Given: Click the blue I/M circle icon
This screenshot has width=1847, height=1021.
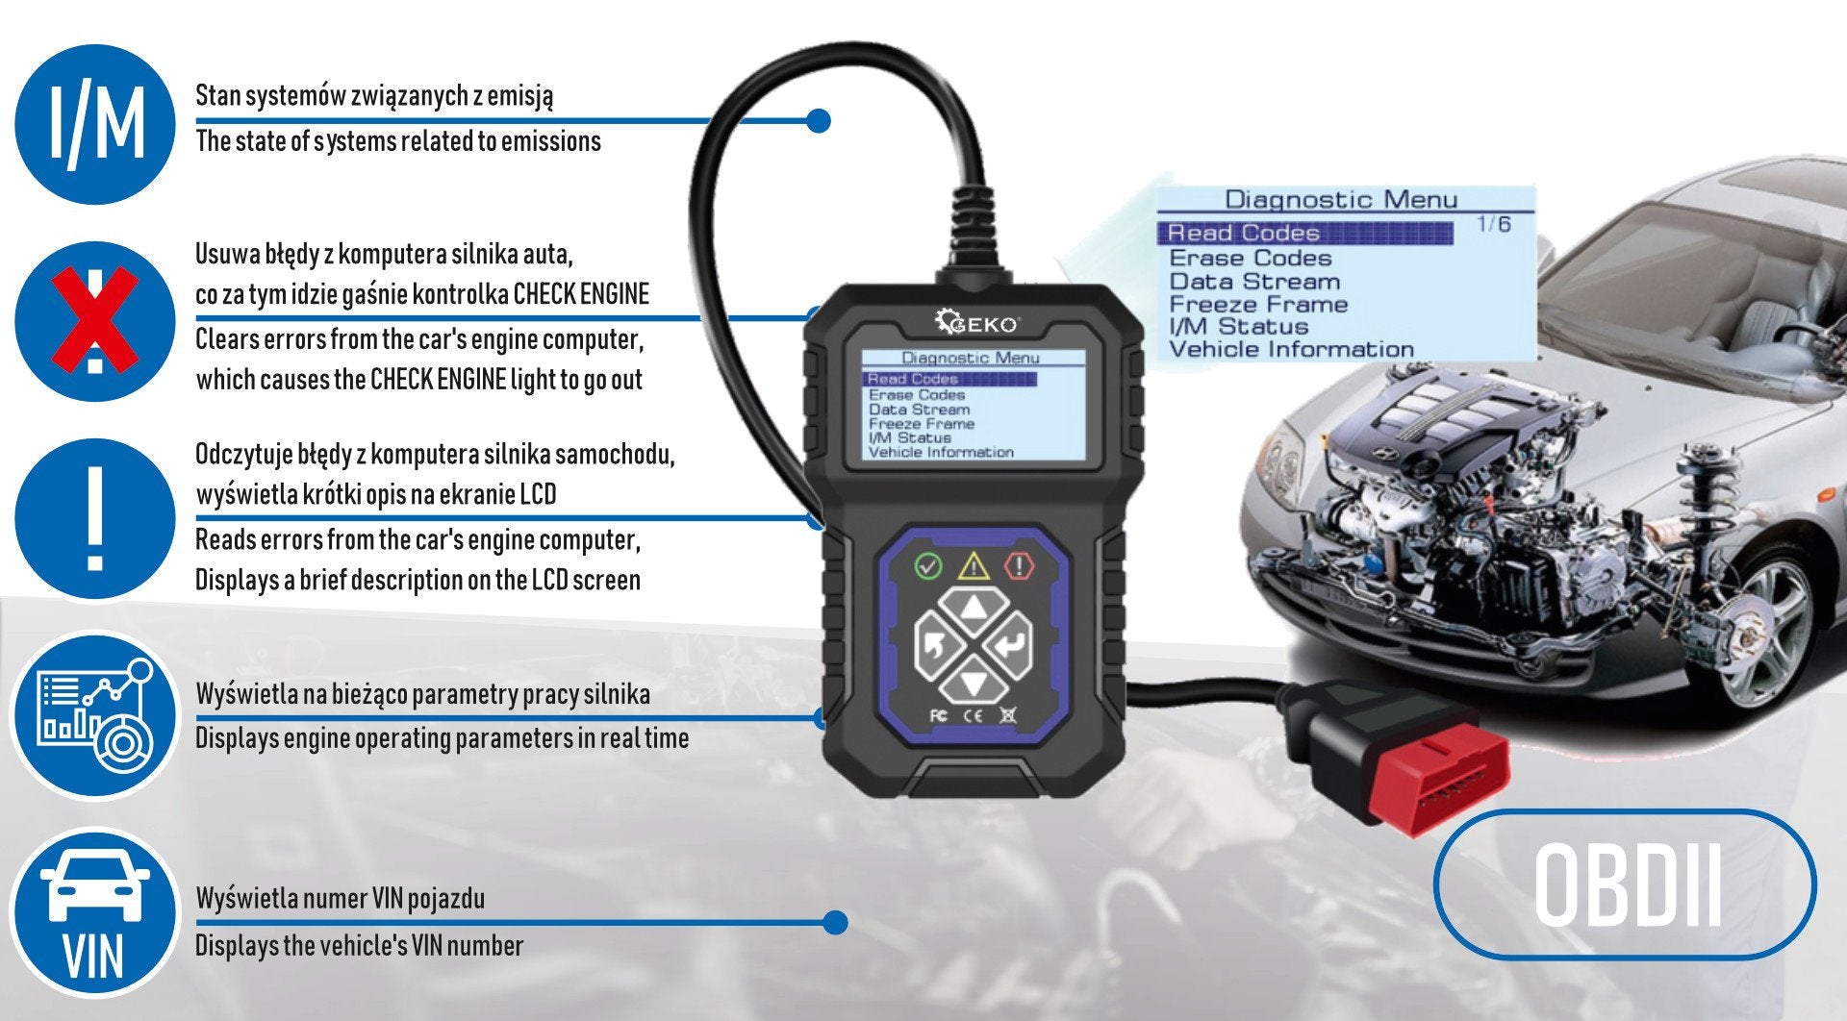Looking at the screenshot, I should pos(95,124).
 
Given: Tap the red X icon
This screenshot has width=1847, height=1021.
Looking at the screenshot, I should pos(94,321).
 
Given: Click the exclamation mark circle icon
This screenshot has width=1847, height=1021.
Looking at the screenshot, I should pos(95,519).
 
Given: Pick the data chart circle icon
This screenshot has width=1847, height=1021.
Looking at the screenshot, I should pos(95,716).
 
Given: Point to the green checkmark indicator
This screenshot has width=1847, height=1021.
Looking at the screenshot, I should pos(927,565).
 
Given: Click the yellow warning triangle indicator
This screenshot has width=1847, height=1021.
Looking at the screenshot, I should pos(974,565).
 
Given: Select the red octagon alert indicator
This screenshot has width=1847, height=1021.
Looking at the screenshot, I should pos(1019,565).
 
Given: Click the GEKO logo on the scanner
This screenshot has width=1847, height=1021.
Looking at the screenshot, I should pos(975,322).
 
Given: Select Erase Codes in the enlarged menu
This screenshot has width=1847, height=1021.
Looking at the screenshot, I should pos(1250,258).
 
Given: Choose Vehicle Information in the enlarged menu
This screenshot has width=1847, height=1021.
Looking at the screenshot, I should pos(1291,350).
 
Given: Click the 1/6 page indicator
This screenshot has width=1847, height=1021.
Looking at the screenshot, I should pos(1493,224).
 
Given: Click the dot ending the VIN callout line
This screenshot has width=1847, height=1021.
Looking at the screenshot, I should pos(836,923).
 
